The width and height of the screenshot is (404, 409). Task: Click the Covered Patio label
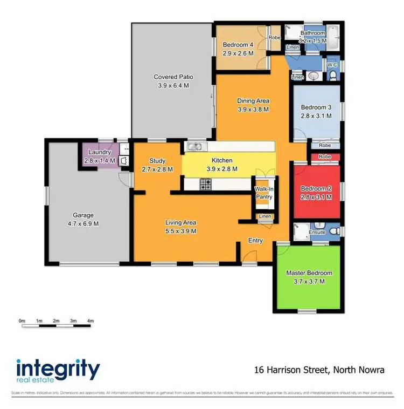[x=173, y=77]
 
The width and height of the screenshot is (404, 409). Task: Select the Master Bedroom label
[x=309, y=273]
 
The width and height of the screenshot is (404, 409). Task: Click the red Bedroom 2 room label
[x=315, y=188]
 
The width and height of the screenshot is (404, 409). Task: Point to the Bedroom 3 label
[x=316, y=107]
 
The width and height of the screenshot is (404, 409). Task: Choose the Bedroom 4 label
[x=238, y=45]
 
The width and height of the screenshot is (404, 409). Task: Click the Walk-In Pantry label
[x=264, y=193]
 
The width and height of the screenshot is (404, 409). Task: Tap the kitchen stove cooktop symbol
[x=206, y=185]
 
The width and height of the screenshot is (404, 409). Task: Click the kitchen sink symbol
[x=194, y=146]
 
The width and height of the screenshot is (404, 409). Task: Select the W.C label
[x=332, y=65]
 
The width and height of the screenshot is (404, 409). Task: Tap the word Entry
[x=255, y=241]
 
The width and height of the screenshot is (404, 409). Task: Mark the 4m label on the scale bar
[x=90, y=321]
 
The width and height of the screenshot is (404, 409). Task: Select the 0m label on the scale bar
[x=22, y=321]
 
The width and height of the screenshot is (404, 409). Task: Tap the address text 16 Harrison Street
[x=292, y=370]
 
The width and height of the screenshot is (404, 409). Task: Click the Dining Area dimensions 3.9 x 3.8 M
[x=253, y=109]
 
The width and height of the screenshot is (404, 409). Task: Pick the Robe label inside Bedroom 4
[x=275, y=38]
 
